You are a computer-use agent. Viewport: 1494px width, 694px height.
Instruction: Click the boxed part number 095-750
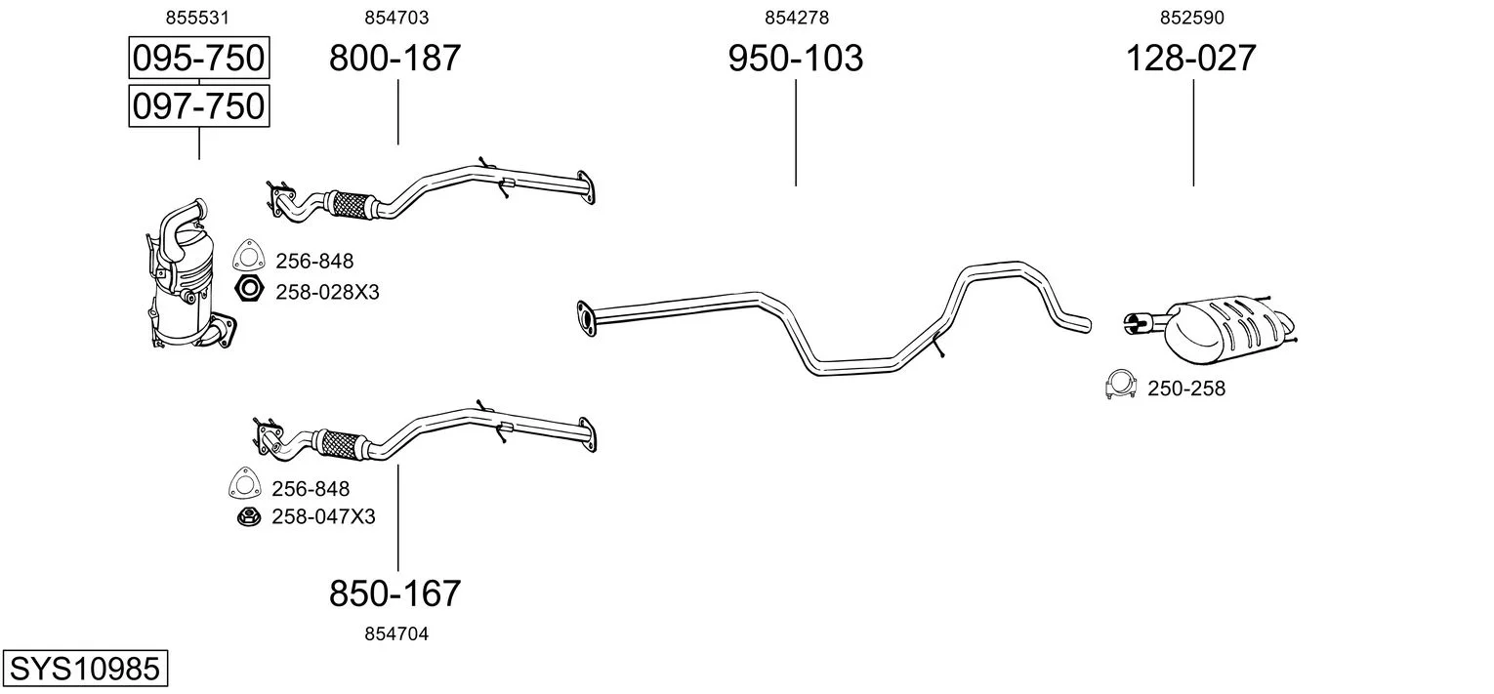pyautogui.click(x=199, y=58)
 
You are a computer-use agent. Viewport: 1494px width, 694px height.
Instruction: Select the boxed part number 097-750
pyautogui.click(x=199, y=106)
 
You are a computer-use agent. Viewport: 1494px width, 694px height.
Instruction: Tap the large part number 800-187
pyautogui.click(x=394, y=58)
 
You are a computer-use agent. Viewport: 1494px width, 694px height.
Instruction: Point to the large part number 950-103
pyautogui.click(x=796, y=58)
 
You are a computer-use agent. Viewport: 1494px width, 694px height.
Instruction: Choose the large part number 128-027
pyautogui.click(x=1191, y=58)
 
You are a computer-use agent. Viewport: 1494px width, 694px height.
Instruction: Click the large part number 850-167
pyautogui.click(x=394, y=593)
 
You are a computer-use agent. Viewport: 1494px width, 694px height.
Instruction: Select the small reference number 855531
pyautogui.click(x=197, y=18)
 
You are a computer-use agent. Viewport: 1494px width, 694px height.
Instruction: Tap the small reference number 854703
pyautogui.click(x=396, y=18)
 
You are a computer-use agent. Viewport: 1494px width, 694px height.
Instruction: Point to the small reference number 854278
pyautogui.click(x=797, y=18)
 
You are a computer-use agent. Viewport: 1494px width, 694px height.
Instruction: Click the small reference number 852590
pyautogui.click(x=1192, y=18)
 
